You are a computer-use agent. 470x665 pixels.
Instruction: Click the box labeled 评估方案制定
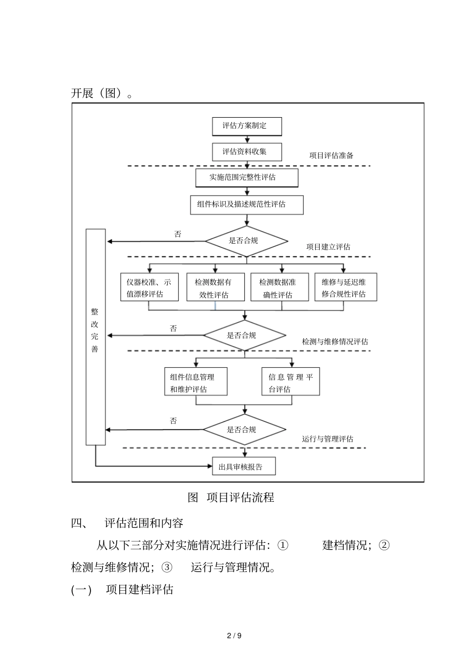(247, 126)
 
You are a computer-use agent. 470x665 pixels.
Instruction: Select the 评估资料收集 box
(247, 152)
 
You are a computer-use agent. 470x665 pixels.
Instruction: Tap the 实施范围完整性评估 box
(247, 177)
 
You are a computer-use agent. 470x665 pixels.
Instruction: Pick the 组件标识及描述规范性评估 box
(247, 204)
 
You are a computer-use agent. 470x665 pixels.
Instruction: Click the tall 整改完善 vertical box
(95, 336)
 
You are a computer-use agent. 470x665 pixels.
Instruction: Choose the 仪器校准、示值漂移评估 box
(149, 287)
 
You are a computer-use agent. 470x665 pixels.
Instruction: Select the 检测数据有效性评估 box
(215, 288)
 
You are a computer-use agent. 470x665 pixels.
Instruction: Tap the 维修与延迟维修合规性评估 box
(346, 287)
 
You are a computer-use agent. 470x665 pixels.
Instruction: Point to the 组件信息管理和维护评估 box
(196, 382)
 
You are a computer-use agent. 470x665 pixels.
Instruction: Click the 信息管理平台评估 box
(291, 382)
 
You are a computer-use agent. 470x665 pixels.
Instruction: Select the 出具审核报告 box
(244, 466)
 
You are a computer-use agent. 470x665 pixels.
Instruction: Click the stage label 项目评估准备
(331, 155)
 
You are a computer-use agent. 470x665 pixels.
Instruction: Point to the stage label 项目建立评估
(329, 247)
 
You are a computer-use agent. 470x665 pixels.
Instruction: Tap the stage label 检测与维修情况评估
(335, 342)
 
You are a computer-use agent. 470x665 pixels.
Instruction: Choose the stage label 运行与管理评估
(328, 439)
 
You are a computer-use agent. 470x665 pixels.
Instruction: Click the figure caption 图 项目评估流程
(231, 497)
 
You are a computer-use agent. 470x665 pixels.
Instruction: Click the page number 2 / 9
(235, 635)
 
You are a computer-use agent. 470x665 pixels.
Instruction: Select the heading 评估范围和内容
(144, 523)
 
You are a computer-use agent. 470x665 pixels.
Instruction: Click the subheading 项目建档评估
(140, 590)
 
